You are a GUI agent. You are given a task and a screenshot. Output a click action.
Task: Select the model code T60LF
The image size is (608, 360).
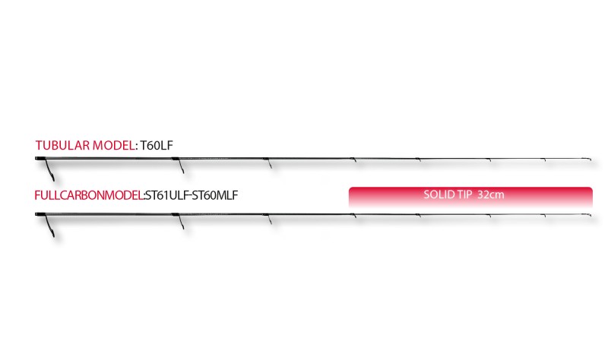tap(157, 145)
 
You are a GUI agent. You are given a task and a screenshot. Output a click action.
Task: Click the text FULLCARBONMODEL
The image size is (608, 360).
tap(89, 195)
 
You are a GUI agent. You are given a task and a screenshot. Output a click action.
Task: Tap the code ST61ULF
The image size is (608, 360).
tap(166, 195)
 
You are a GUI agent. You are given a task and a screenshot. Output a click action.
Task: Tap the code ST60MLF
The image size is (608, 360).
tap(215, 195)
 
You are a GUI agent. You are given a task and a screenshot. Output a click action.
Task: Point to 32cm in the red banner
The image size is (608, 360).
tap(491, 194)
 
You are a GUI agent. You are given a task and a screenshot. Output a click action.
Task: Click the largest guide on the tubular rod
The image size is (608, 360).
tap(49, 169)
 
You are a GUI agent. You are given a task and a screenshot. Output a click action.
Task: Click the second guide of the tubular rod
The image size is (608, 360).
tap(181, 166)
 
